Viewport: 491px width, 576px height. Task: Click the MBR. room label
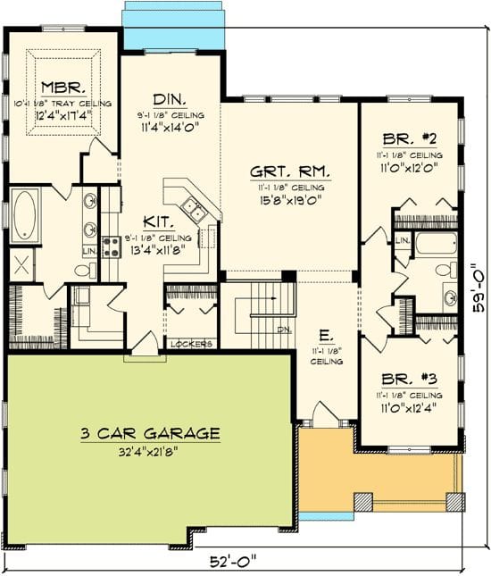tap(62, 88)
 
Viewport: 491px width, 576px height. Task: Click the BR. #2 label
tap(411, 141)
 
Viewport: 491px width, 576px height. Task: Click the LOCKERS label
tap(192, 343)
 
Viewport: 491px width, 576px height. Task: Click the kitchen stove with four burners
tap(112, 246)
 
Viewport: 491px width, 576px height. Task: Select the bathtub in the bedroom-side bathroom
tap(435, 245)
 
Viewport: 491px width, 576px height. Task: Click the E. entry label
tap(326, 337)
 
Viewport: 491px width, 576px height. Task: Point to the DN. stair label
tap(285, 329)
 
